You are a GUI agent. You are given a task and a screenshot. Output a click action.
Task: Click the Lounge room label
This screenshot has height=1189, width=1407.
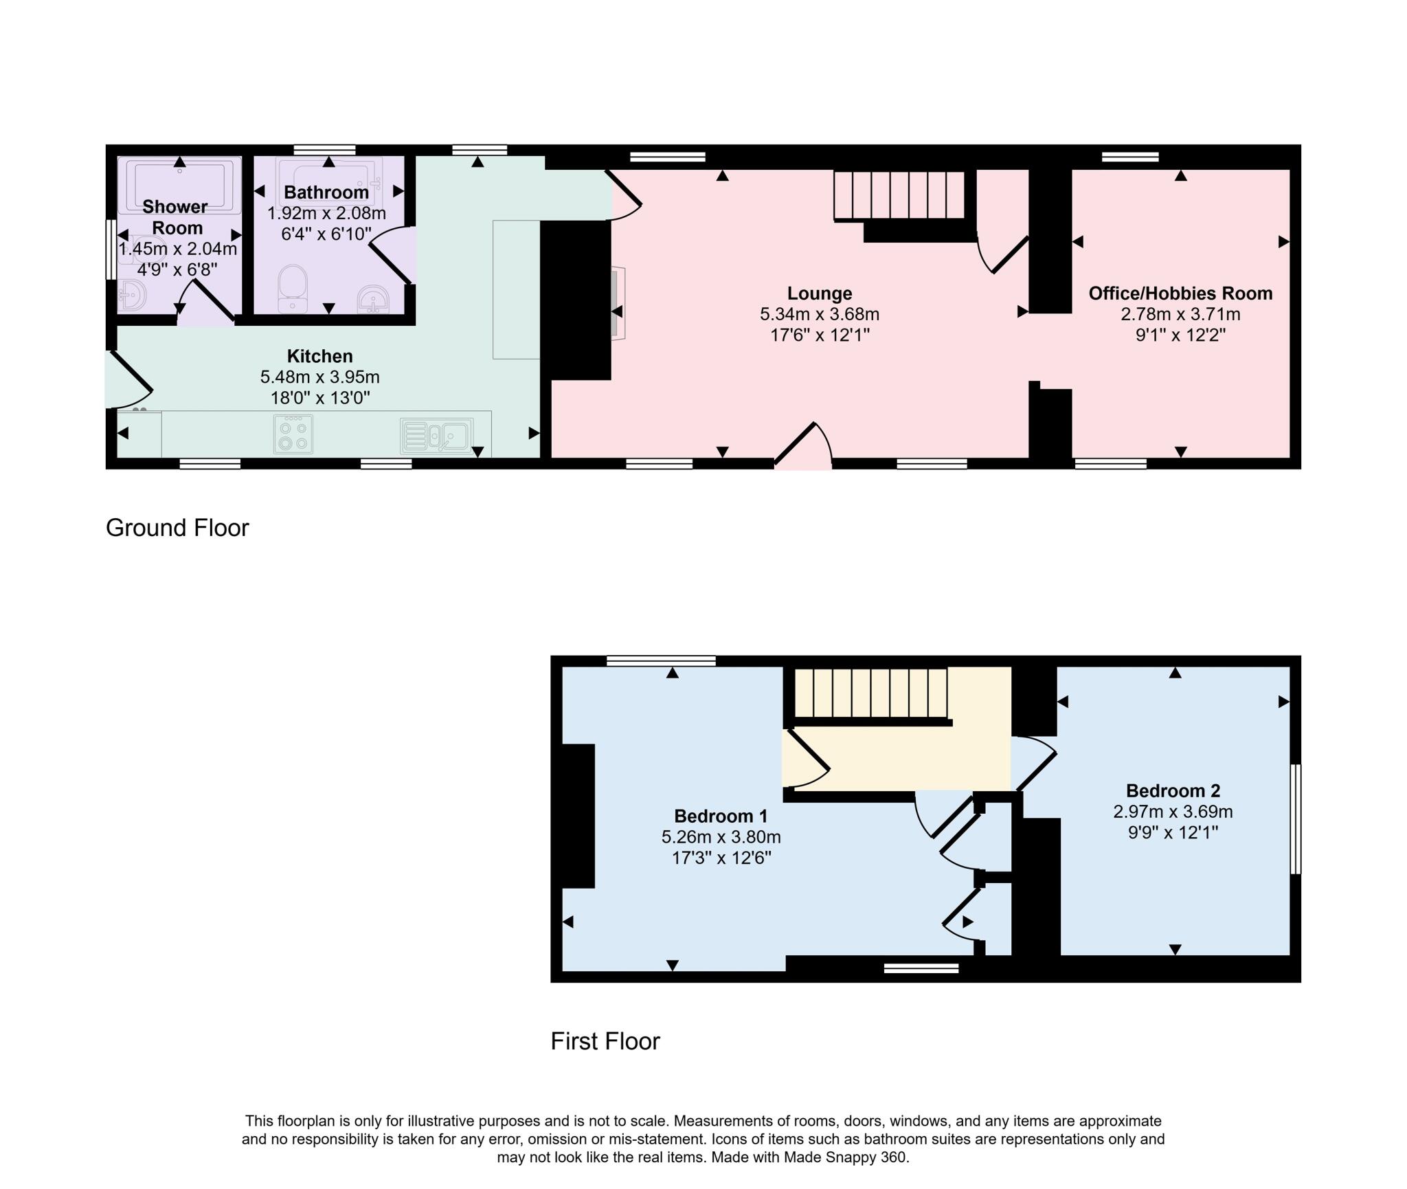[820, 293]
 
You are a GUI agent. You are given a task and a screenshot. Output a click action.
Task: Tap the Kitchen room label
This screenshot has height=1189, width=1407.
[320, 356]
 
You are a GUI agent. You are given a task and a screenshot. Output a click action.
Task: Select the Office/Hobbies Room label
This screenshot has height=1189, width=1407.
[1180, 293]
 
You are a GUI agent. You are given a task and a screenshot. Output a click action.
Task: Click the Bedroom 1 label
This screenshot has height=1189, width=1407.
[721, 816]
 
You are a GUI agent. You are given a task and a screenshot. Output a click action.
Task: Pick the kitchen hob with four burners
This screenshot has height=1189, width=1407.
[293, 434]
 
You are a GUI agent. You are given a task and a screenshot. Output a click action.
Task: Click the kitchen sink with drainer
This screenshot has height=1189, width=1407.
[437, 436]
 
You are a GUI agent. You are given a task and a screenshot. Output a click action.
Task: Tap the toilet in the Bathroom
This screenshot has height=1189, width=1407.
[293, 289]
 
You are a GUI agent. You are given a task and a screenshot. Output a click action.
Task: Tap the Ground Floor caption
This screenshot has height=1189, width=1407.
[177, 528]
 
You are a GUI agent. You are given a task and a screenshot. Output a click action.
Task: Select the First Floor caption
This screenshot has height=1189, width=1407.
[605, 1041]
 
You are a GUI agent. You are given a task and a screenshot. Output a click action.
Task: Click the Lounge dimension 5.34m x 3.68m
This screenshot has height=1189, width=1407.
[820, 314]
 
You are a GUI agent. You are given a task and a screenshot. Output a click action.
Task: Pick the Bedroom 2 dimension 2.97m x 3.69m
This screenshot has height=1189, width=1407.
[1173, 812]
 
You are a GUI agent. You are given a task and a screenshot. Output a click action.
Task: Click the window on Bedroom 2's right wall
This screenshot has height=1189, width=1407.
[1295, 819]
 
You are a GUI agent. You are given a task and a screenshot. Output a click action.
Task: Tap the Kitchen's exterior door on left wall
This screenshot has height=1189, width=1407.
[128, 379]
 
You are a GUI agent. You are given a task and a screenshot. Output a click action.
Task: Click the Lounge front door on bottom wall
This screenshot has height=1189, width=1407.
[804, 445]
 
